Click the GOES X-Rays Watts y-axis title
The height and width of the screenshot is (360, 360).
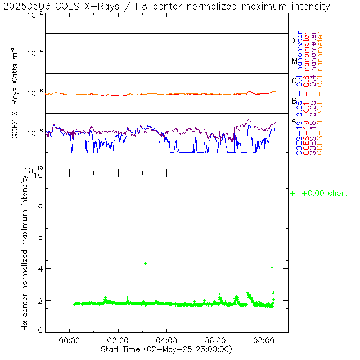point(16,93)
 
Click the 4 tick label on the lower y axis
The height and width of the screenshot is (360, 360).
point(40,269)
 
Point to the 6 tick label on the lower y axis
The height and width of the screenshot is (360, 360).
point(40,238)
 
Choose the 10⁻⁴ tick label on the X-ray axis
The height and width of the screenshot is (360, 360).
point(34,53)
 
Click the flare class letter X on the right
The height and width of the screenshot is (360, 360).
point(294,40)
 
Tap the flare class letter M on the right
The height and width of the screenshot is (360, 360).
point(294,61)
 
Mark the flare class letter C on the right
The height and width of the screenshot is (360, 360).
point(294,81)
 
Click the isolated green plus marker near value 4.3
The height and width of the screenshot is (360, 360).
point(145,263)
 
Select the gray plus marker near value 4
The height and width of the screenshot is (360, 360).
point(272,267)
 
